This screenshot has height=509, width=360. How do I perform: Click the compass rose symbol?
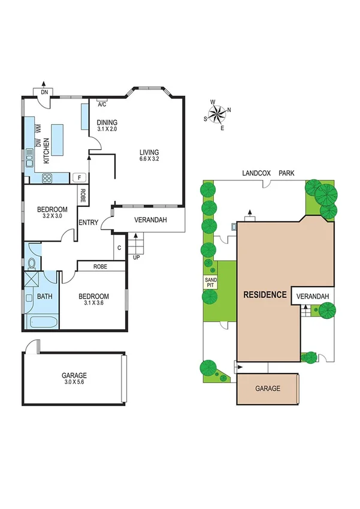[219, 113]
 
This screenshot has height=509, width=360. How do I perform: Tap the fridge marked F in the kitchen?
[78, 177]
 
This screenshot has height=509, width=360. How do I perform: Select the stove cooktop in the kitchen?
[47, 177]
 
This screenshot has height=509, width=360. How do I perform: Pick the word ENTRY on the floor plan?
[88, 223]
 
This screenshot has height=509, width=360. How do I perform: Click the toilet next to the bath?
[32, 263]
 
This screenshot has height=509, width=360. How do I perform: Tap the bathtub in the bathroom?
[43, 322]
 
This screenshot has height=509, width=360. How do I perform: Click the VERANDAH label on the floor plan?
[150, 220]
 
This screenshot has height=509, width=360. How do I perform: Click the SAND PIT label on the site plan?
[210, 283]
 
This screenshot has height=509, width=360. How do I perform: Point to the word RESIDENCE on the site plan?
[264, 295]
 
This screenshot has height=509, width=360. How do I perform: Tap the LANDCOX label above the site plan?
[256, 173]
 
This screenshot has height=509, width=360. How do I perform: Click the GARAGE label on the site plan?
[268, 388]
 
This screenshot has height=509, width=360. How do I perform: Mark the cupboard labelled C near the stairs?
[119, 247]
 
